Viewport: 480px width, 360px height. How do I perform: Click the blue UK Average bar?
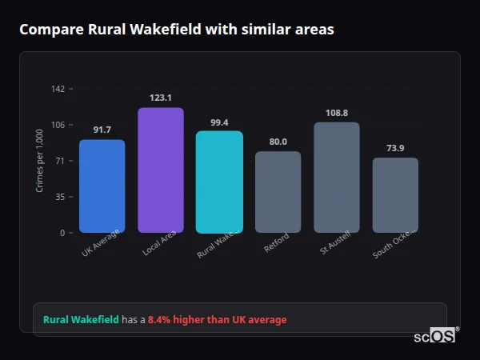point(102,186)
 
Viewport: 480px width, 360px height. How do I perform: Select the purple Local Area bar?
point(161,170)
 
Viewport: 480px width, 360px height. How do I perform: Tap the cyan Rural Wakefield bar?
point(219,182)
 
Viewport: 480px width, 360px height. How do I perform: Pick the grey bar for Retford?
point(278,192)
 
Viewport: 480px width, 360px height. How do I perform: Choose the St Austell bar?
point(337,178)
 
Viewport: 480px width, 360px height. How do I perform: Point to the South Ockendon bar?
point(395,195)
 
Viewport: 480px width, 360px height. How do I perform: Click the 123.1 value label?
point(161,98)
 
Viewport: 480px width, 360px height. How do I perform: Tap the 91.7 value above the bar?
point(102,130)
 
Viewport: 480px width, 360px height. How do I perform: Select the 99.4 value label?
point(219,122)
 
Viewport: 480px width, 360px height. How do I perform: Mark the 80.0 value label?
point(278,142)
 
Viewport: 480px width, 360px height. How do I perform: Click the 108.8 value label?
point(337,113)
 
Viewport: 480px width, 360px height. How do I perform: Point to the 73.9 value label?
point(395,148)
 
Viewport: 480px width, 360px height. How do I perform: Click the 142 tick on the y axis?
point(58,89)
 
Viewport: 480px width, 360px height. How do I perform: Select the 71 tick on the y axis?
point(60,161)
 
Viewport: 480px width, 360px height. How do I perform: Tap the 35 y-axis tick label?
point(60,197)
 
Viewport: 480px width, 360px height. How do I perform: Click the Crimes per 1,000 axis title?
point(40,161)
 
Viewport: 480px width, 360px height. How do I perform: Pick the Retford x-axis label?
point(276,243)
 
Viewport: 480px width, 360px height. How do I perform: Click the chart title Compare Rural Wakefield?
point(176,30)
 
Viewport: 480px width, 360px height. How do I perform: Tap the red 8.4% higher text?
point(217,320)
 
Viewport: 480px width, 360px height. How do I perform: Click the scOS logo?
point(434,336)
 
